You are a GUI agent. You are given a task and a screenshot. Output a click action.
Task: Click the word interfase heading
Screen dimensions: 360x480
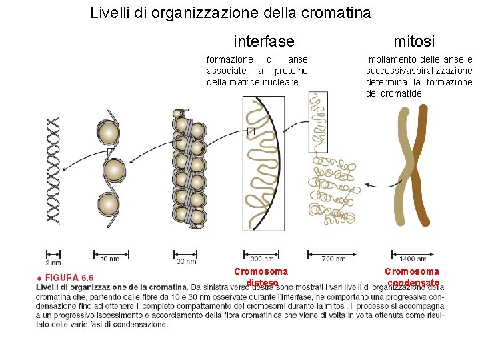tap(264, 41)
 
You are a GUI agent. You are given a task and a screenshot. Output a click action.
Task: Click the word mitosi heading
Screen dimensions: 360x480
tap(414, 41)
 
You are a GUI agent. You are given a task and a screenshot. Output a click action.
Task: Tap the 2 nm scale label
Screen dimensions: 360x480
tap(53, 261)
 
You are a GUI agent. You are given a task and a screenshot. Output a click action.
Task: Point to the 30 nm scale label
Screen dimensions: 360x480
tap(185, 261)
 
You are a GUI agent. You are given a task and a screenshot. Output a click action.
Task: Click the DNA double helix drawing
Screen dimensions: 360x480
tap(53, 170)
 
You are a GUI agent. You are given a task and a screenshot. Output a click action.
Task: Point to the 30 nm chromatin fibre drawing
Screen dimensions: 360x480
tap(188, 170)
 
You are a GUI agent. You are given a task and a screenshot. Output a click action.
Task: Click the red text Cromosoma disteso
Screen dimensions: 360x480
tap(261, 277)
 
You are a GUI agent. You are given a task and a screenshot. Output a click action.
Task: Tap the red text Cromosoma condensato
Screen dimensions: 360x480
tap(412, 277)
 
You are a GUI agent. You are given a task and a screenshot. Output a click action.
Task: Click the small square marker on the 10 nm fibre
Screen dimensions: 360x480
tap(111, 152)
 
